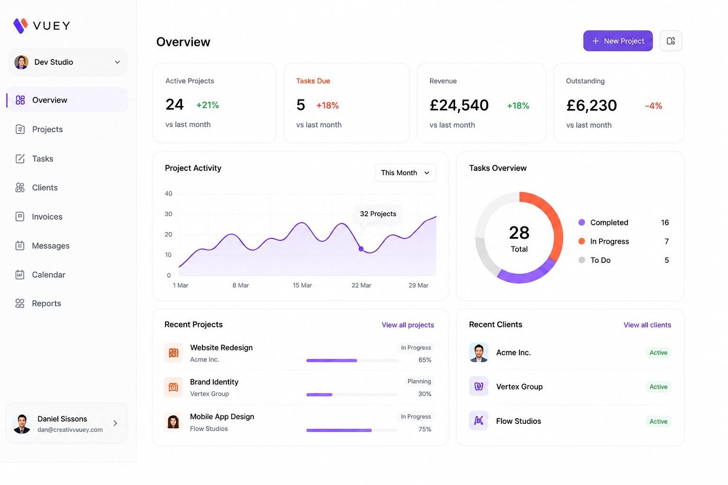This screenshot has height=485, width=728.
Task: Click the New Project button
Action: (x=618, y=41)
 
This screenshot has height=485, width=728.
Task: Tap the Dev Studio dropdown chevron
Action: (x=118, y=62)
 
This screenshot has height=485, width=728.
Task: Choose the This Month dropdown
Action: (x=405, y=173)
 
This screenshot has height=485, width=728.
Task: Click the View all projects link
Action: (x=408, y=325)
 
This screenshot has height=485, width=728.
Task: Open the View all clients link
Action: (x=647, y=325)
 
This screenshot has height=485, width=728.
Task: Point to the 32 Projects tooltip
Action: (x=378, y=214)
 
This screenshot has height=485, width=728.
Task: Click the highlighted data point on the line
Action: (x=361, y=249)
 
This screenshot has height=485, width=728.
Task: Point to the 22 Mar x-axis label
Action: (x=361, y=285)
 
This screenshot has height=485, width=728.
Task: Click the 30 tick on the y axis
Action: (x=168, y=214)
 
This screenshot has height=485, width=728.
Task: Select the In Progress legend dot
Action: (x=582, y=242)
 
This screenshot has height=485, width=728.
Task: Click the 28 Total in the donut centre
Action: (x=519, y=238)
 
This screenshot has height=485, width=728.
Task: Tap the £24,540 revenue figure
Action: (x=459, y=105)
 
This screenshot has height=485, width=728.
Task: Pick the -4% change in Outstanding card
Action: (x=653, y=106)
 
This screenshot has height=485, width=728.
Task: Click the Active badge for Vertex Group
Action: (x=658, y=386)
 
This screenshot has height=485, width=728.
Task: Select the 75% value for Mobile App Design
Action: (x=425, y=429)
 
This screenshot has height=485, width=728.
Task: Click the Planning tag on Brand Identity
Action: (x=419, y=381)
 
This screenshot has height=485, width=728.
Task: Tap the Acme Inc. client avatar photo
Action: (x=478, y=352)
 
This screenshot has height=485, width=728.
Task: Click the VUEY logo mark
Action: (x=20, y=26)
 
